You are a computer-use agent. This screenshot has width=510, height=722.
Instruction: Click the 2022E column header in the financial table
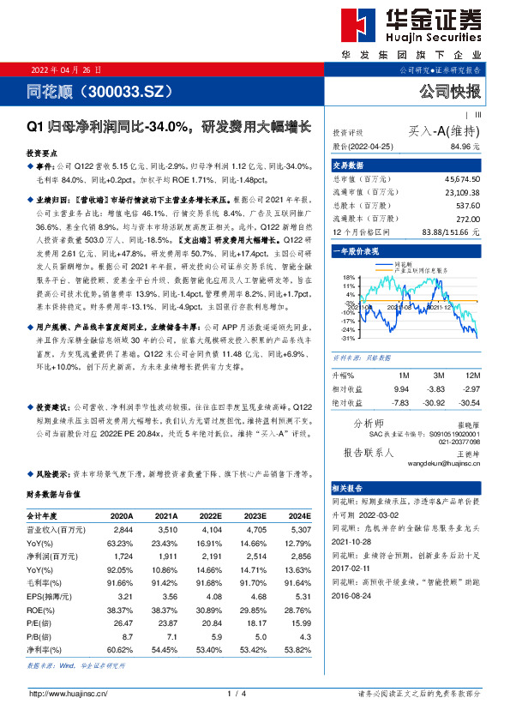coord(210,516)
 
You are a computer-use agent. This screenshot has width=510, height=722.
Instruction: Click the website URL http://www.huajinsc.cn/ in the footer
coord(68,693)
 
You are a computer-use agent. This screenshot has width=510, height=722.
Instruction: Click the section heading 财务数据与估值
coord(53,494)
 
